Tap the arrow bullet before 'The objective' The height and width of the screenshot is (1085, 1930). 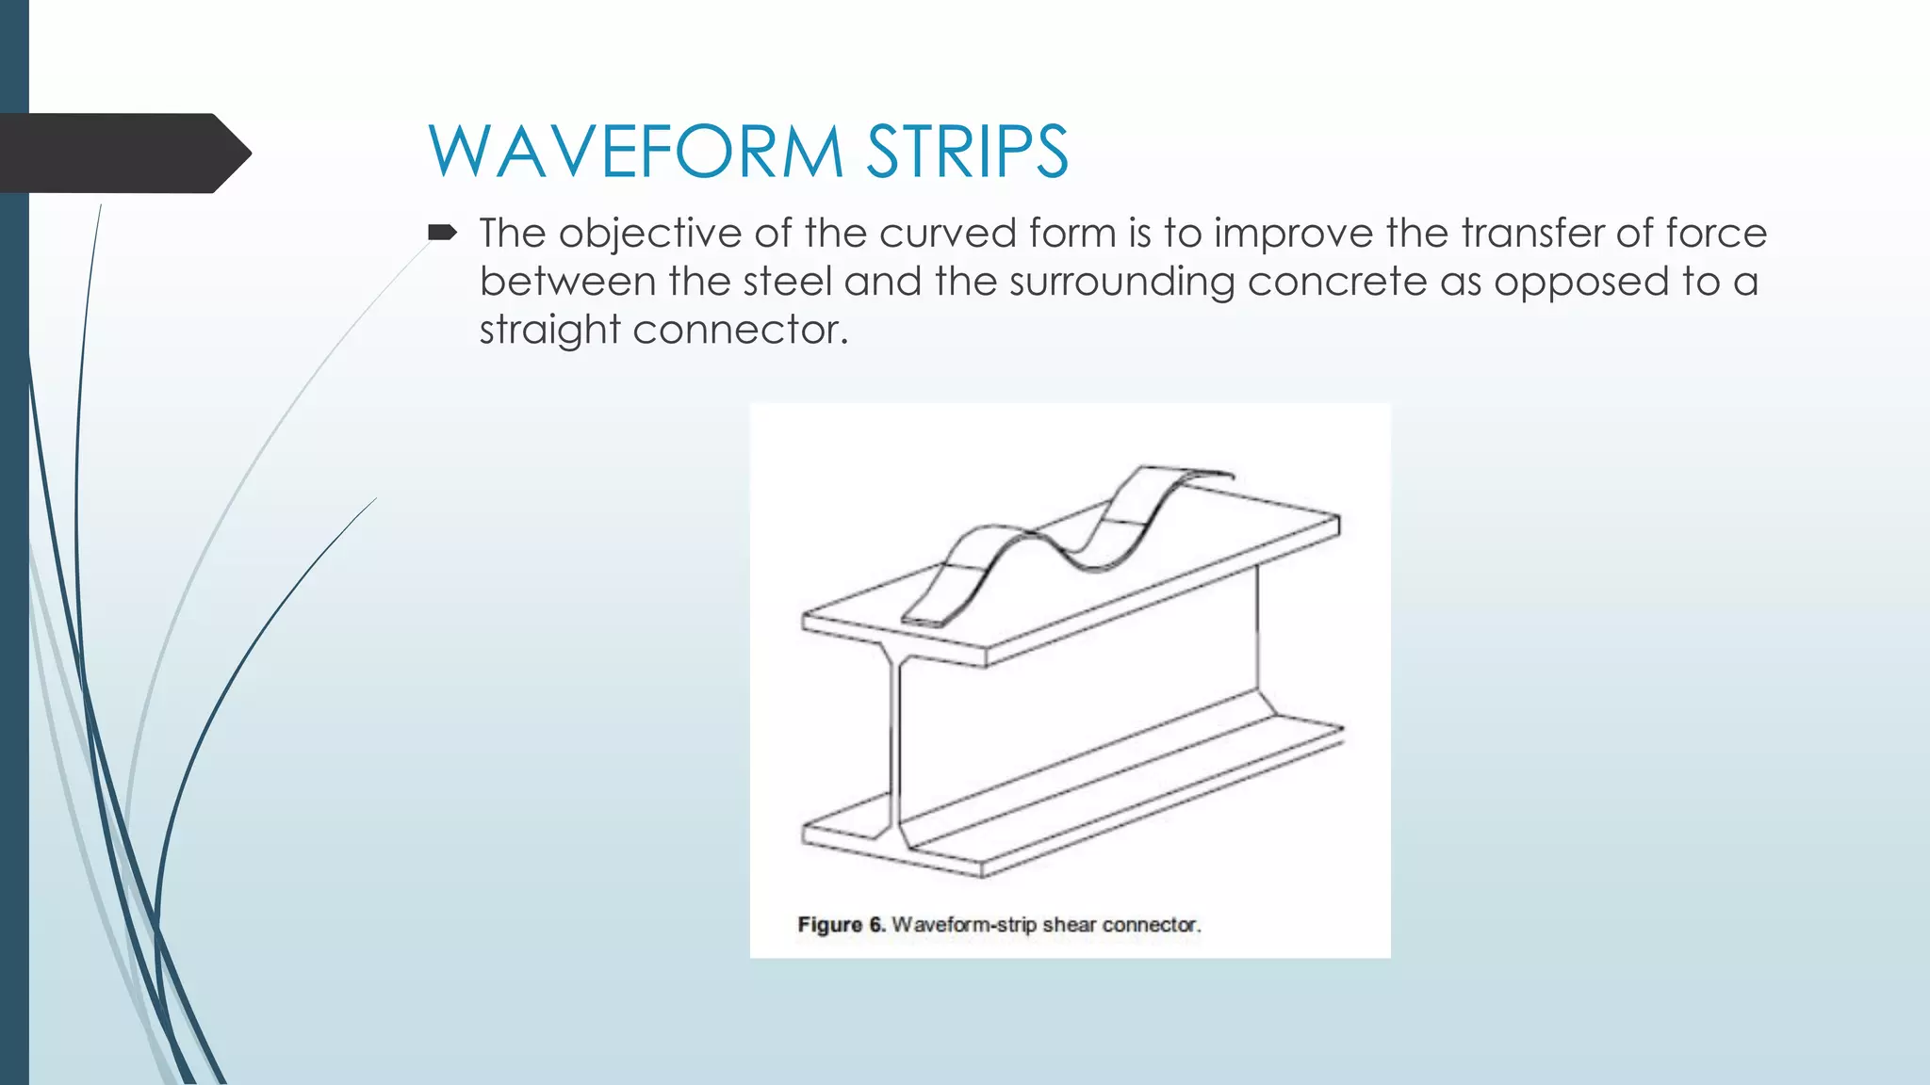[442, 232]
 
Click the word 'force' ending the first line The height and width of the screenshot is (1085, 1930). [1716, 234]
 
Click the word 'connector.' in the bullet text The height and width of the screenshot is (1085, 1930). [740, 330]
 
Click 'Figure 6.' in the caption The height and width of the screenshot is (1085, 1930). [841, 925]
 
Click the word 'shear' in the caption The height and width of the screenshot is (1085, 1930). [1069, 925]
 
